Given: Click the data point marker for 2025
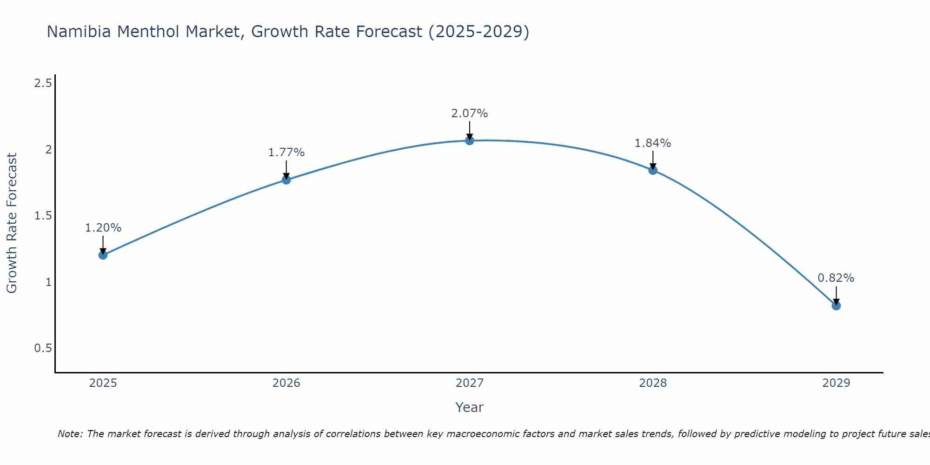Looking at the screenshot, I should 103,255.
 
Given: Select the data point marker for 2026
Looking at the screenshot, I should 286,179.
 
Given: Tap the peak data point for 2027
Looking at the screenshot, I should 470,140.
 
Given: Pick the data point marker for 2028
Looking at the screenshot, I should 653,170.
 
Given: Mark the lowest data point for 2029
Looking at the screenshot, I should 836,306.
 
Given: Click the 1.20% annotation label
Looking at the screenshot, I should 103,228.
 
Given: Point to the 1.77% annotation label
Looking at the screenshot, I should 286,153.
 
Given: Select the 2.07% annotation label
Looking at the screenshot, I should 470,113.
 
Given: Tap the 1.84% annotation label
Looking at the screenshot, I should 653,143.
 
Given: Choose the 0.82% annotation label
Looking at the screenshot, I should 836,278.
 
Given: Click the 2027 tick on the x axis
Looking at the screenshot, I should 470,383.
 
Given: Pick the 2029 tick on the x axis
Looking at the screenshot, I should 836,383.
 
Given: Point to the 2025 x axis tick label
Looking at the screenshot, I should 103,383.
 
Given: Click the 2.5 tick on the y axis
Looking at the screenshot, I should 43,84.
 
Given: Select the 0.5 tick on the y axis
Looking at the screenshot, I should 43,348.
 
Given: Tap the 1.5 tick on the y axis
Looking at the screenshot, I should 43,216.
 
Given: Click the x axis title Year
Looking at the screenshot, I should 470,407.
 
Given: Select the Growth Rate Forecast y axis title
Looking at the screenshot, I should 12,223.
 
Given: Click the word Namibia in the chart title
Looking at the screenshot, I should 79,32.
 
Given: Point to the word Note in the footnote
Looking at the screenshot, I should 70,434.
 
